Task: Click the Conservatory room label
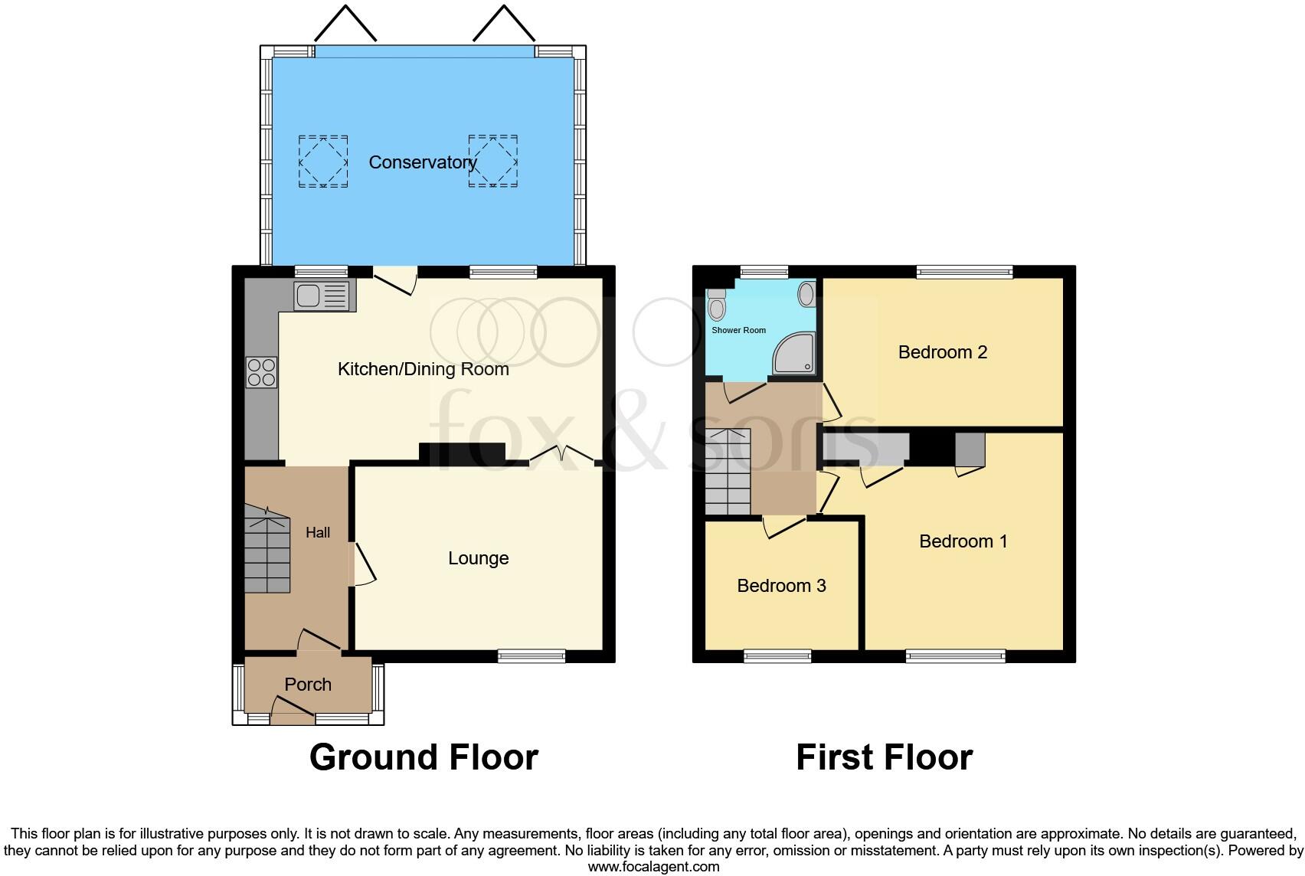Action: [x=422, y=162]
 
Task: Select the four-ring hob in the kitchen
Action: [x=261, y=372]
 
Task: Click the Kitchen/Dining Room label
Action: [x=423, y=369]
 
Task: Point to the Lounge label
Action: [x=478, y=558]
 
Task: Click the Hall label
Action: [x=318, y=532]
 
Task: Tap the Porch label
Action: [x=308, y=685]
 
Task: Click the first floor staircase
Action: [x=728, y=472]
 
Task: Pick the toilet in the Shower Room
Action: [x=717, y=306]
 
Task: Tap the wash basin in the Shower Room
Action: [x=806, y=294]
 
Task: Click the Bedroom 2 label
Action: [x=942, y=352]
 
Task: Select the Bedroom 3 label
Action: [x=781, y=586]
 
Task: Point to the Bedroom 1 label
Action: [x=963, y=541]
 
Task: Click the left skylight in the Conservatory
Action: [x=322, y=161]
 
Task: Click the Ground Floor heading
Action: [x=424, y=757]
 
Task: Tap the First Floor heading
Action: [x=884, y=757]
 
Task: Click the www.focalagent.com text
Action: [x=653, y=867]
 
